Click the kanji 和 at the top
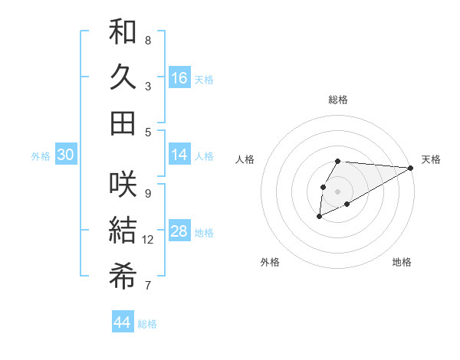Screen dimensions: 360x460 tap(123, 32)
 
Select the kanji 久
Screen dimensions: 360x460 tap(123, 77)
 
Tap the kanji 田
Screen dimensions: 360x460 tap(123, 123)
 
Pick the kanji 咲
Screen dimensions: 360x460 tap(123, 184)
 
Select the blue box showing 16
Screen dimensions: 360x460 tap(179, 78)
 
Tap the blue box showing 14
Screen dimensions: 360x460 tap(179, 155)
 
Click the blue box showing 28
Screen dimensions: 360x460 tap(179, 232)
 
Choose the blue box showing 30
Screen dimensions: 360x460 tap(65, 155)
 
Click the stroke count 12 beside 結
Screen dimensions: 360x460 tap(148, 240)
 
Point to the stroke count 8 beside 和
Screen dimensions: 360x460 tap(148, 40)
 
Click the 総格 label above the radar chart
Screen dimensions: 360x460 tap(338, 100)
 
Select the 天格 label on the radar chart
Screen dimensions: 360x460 tap(431, 159)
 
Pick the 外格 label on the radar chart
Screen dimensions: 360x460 tap(270, 262)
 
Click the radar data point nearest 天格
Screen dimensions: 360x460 tap(410, 168)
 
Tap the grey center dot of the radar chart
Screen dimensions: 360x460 tap(337, 190)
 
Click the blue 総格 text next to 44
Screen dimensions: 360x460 tap(147, 324)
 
